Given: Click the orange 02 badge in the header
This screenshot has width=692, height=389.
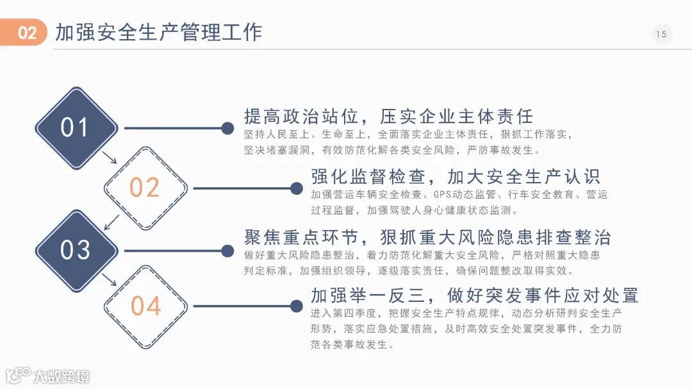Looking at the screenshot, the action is click(25, 33).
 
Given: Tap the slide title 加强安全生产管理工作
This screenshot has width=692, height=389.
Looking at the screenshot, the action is click(158, 32).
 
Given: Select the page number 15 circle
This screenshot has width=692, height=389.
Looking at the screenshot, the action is click(661, 34).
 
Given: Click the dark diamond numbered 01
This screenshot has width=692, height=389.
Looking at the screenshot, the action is click(76, 128).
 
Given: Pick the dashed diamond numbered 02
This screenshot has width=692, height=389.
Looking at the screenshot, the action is click(145, 188).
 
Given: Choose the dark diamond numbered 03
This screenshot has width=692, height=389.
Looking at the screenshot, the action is click(76, 250).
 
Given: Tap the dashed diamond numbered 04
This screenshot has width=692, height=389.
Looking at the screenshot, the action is click(145, 306).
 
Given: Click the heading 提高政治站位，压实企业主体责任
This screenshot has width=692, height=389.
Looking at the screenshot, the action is click(388, 117).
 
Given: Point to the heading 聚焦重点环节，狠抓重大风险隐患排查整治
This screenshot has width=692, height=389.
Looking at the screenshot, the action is click(427, 237).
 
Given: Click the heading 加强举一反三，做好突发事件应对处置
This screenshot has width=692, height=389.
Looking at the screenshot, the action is click(474, 295).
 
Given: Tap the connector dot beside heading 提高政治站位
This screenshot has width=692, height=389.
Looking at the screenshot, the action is click(227, 128).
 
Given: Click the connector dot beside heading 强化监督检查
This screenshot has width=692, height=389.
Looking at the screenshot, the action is click(296, 188).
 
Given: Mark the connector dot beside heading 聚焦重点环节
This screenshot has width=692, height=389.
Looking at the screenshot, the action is click(227, 250).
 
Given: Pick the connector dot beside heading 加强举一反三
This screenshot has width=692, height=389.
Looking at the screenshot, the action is click(296, 306).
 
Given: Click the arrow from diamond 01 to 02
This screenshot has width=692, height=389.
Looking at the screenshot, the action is click(110, 158).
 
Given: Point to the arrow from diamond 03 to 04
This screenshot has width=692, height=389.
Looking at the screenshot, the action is click(110, 279).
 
